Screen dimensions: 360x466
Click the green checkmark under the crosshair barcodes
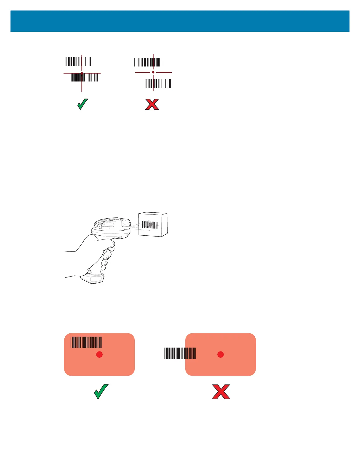coord(83,104)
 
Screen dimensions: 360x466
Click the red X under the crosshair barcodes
coord(152,104)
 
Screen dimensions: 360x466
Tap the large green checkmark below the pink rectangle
coord(101,392)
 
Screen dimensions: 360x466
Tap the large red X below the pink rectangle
coord(221,392)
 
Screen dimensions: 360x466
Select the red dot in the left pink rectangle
coord(99,355)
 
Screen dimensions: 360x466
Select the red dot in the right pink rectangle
coord(221,355)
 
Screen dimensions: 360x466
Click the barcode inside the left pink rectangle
coord(86,342)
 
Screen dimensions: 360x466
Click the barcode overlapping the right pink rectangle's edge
coord(180,353)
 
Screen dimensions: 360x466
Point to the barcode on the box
coord(150,225)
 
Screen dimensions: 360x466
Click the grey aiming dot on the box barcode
coord(150,224)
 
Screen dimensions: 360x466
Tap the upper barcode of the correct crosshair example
coord(78,61)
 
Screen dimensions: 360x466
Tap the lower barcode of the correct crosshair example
coord(85,77)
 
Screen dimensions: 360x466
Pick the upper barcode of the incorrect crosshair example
coord(147,62)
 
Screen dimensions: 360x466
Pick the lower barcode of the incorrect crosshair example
coord(158,84)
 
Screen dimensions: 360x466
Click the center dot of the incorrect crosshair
coord(153,72)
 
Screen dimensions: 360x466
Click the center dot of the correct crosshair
coord(82,73)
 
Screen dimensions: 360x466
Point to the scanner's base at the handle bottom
coord(94,278)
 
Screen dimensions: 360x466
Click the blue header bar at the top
coord(180,21)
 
